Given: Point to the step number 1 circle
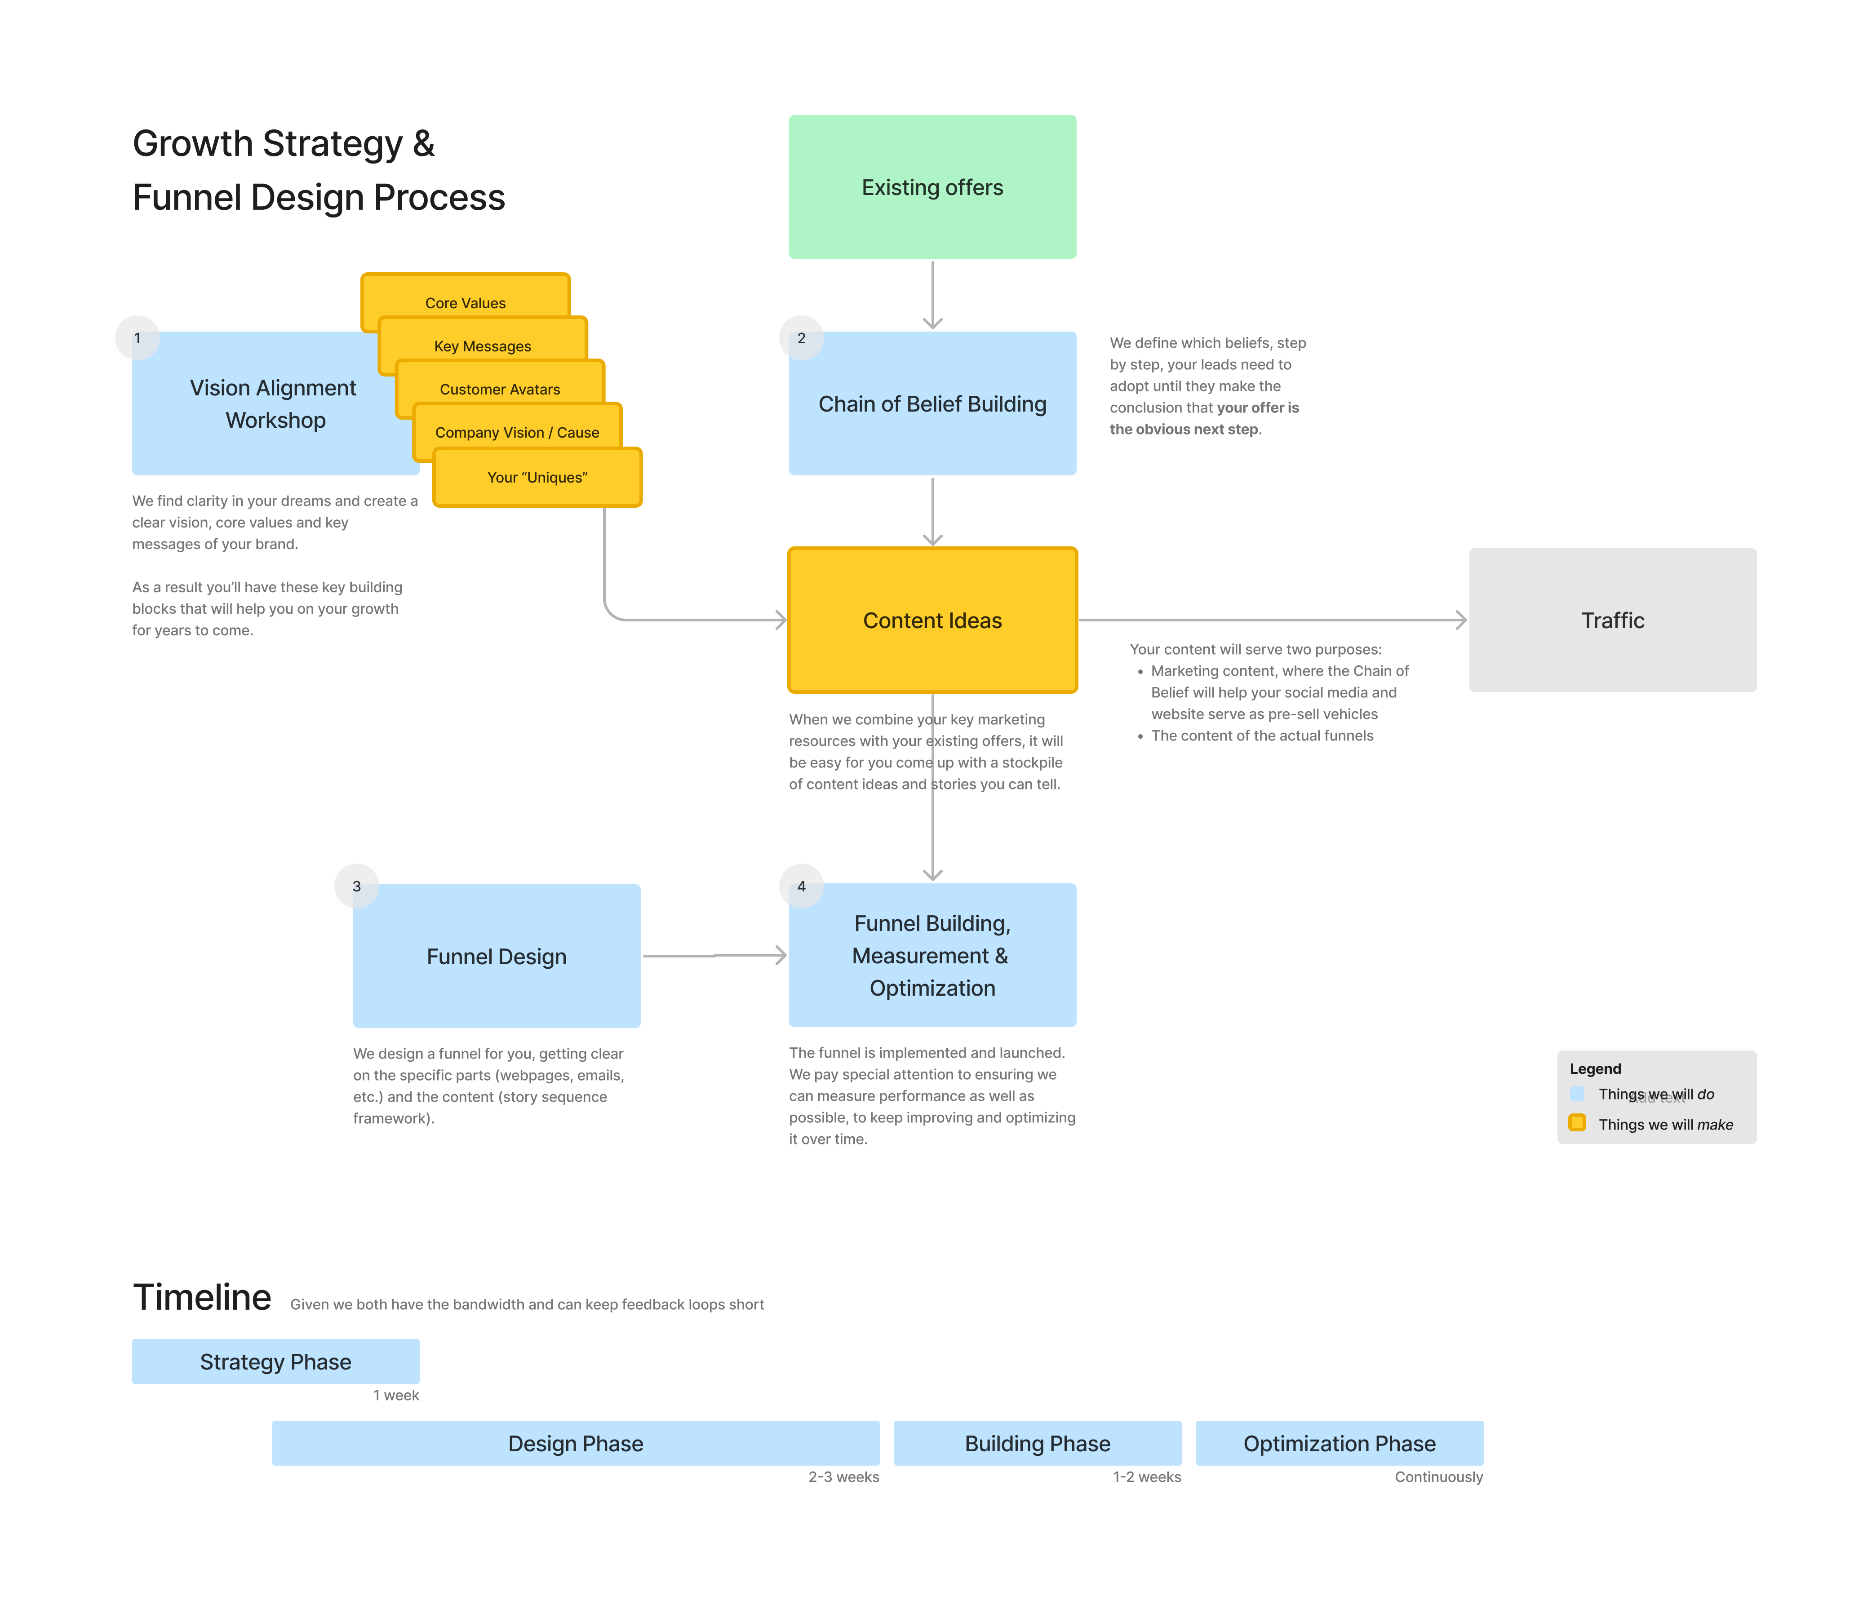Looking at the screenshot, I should click(x=138, y=338).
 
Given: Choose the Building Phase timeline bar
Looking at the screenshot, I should click(x=1037, y=1443).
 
